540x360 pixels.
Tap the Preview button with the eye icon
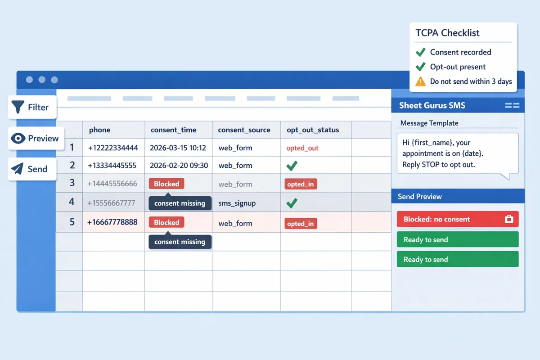tap(36, 138)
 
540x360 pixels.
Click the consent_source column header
tap(244, 130)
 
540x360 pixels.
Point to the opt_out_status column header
tap(313, 130)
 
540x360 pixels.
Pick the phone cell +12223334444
tap(113, 148)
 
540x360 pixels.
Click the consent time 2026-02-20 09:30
tap(179, 166)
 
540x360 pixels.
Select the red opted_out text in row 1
tap(302, 148)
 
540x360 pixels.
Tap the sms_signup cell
tap(237, 203)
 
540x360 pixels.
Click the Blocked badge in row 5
tap(166, 222)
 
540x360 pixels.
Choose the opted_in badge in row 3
tap(301, 184)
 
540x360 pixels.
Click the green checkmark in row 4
tap(292, 203)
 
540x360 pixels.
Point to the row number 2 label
tap(72, 165)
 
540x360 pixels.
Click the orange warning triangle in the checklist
tap(420, 81)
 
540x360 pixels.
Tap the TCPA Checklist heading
tap(447, 33)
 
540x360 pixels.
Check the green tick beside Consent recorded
tap(421, 52)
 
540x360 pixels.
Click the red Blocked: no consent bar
tap(457, 219)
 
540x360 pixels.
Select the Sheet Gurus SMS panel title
tap(432, 106)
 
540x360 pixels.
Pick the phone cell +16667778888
tap(112, 222)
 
